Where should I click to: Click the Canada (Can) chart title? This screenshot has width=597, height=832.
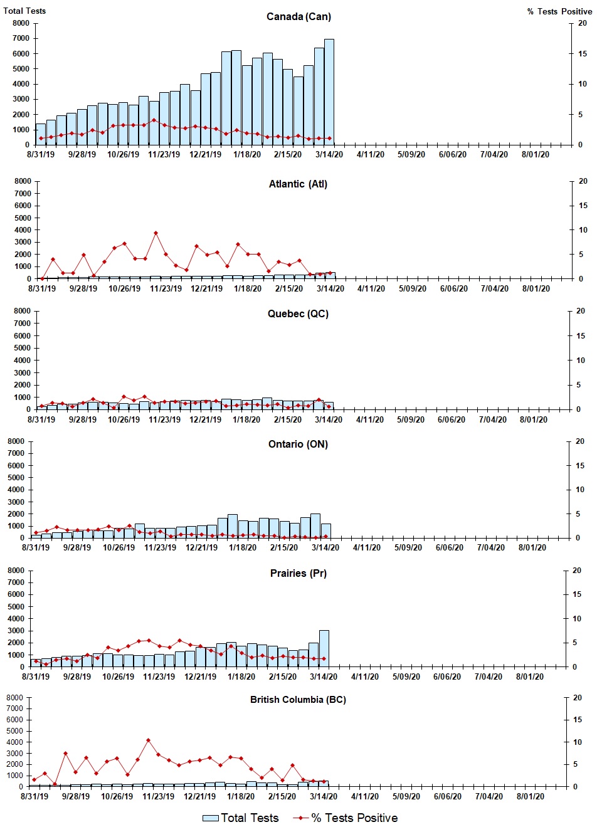click(x=298, y=16)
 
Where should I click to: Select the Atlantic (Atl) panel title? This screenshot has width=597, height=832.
click(x=298, y=184)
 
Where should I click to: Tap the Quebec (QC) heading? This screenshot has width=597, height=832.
click(x=298, y=313)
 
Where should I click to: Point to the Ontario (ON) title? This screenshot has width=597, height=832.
click(x=298, y=444)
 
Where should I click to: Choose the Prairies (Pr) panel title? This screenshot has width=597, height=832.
click(x=298, y=573)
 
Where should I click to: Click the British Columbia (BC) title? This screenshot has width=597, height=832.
click(x=298, y=699)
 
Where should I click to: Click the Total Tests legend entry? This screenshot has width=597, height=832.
click(x=241, y=818)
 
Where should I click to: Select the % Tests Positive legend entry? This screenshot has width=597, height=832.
click(x=346, y=818)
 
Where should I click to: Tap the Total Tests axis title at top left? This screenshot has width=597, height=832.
click(x=24, y=11)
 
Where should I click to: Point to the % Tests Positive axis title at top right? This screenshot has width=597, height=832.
click(x=559, y=11)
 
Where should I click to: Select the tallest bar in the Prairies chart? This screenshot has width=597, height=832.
click(x=324, y=648)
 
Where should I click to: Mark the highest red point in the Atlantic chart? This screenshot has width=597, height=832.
click(x=156, y=233)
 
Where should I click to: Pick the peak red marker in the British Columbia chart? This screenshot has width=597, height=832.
click(x=148, y=740)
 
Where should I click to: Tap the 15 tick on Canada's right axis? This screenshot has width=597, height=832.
click(x=582, y=54)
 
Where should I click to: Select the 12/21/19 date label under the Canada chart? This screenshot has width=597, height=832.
click(x=205, y=155)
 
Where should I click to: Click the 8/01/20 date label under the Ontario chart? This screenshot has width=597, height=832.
click(x=532, y=547)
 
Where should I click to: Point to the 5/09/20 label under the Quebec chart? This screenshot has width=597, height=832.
click(x=411, y=419)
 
